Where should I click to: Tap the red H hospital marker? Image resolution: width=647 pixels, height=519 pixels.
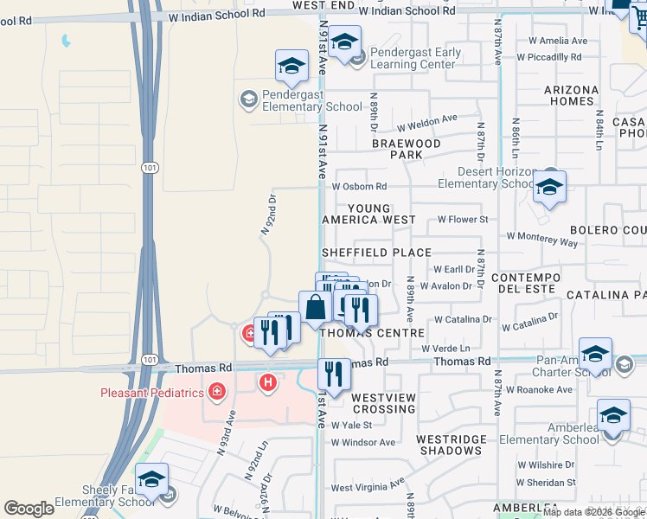pyautogui.click(x=268, y=381)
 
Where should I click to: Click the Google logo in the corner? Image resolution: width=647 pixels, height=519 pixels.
pyautogui.click(x=29, y=509)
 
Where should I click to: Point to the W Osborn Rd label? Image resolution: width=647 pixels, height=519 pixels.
pyautogui.click(x=359, y=186)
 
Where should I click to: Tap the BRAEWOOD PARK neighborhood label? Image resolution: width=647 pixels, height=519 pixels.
pyautogui.click(x=407, y=149)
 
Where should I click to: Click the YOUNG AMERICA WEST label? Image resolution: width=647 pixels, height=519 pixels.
pyautogui.click(x=369, y=214)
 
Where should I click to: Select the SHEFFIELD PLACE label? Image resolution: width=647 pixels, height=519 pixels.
pyautogui.click(x=376, y=253)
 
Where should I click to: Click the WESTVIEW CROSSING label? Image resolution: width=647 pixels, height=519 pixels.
pyautogui.click(x=383, y=402)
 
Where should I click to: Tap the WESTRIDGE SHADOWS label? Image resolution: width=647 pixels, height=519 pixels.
pyautogui.click(x=452, y=445)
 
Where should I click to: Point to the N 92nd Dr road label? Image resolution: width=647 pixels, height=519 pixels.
pyautogui.click(x=268, y=214)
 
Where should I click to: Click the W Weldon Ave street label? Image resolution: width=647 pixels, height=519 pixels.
pyautogui.click(x=426, y=119)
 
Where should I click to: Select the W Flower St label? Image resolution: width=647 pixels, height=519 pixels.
pyautogui.click(x=463, y=220)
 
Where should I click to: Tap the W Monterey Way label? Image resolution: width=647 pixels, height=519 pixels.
pyautogui.click(x=541, y=240)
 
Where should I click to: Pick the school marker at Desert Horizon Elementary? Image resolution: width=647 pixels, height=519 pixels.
pyautogui.click(x=549, y=188)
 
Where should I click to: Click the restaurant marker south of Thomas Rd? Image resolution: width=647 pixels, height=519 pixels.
pyautogui.click(x=333, y=374)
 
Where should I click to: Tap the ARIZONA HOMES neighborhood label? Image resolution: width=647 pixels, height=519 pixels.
pyautogui.click(x=571, y=95)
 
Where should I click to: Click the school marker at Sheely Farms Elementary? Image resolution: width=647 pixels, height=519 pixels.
pyautogui.click(x=151, y=480)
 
